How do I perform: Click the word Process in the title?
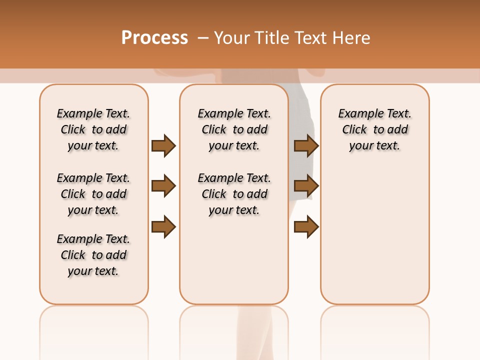(x=154, y=37)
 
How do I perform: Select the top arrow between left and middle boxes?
(x=163, y=145)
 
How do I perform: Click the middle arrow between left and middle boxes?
(x=163, y=186)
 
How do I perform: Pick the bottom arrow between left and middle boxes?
(x=163, y=226)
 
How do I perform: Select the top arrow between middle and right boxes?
(x=306, y=145)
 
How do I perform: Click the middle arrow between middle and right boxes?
(x=306, y=186)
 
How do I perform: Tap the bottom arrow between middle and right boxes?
(x=306, y=226)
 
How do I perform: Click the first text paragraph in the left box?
(x=93, y=129)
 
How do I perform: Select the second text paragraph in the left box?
(x=93, y=194)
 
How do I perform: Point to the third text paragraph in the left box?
(x=93, y=255)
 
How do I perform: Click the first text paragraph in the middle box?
(x=234, y=129)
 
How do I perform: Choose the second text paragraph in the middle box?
(x=234, y=194)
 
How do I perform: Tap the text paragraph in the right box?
(x=374, y=129)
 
